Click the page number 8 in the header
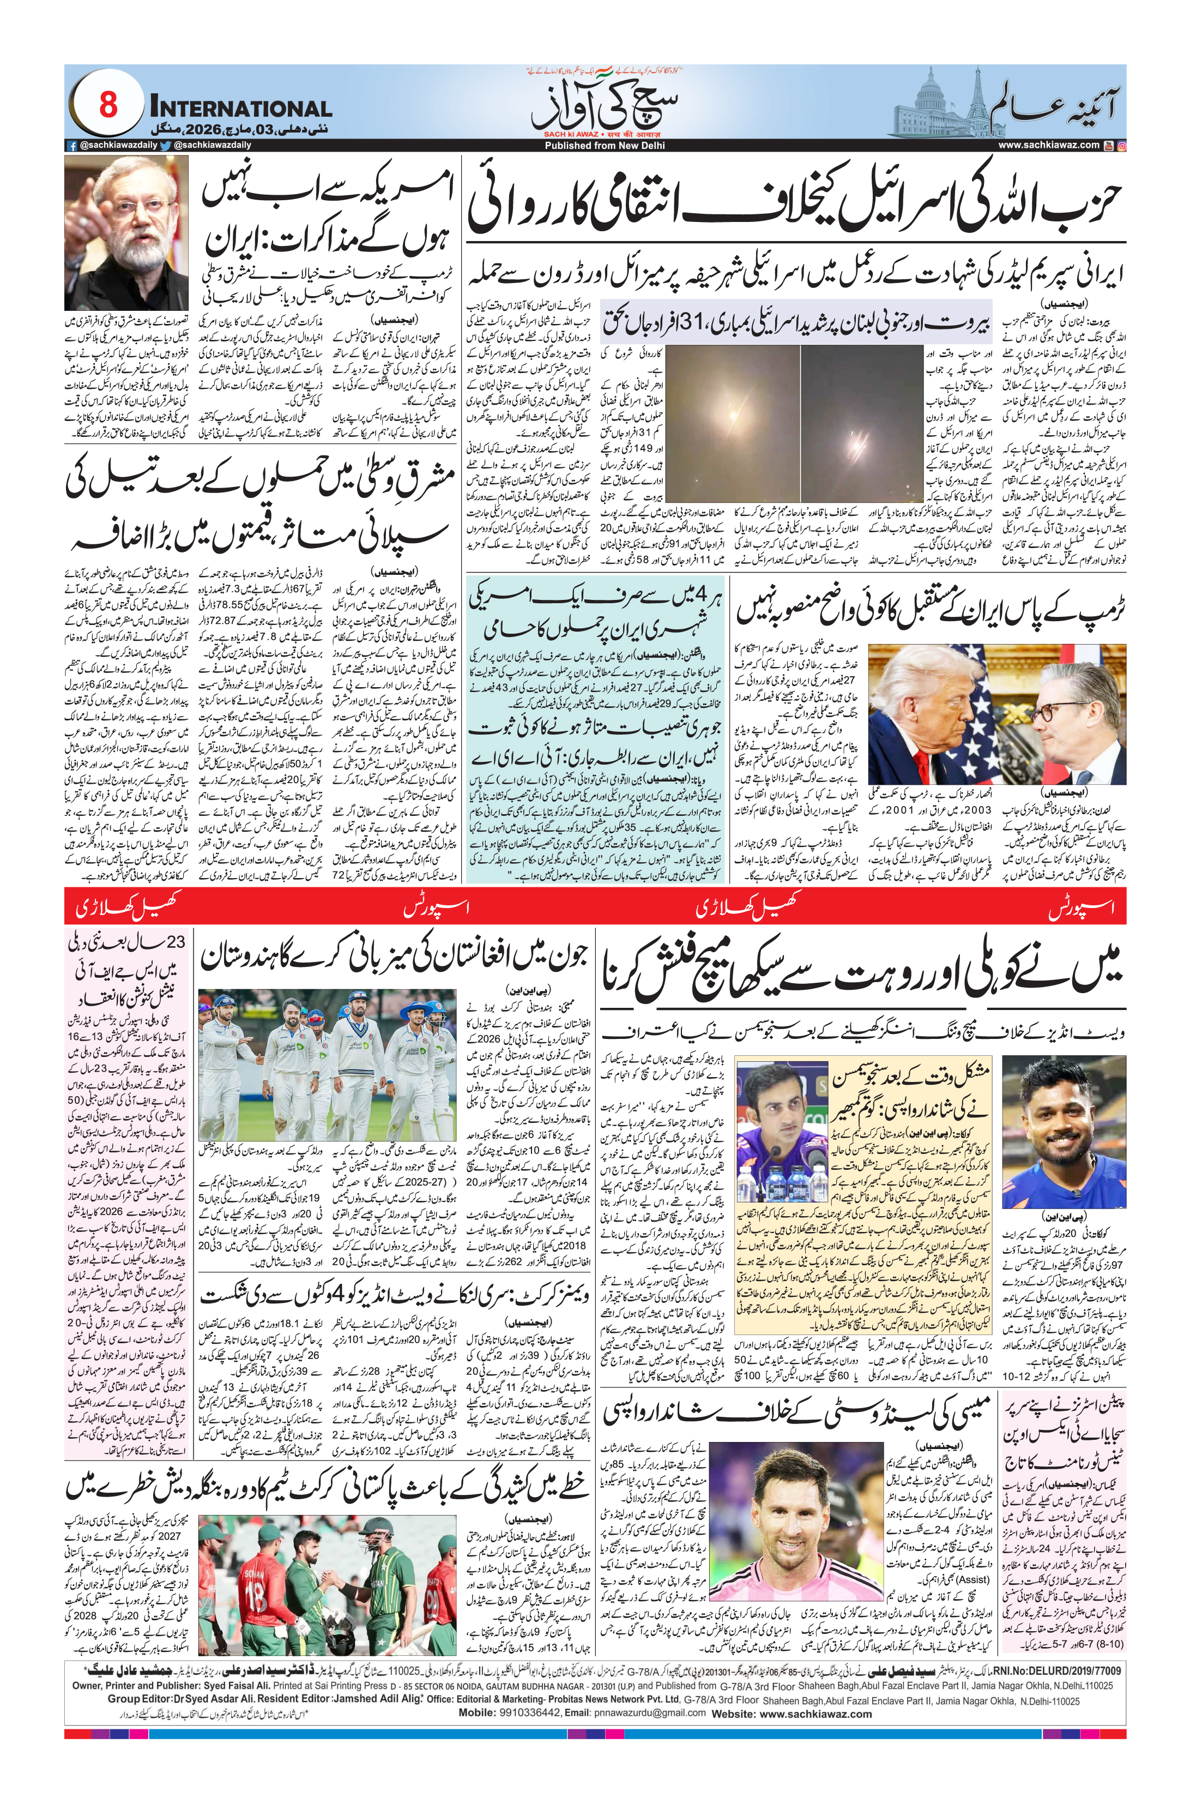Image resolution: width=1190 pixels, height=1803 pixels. tap(108, 105)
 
